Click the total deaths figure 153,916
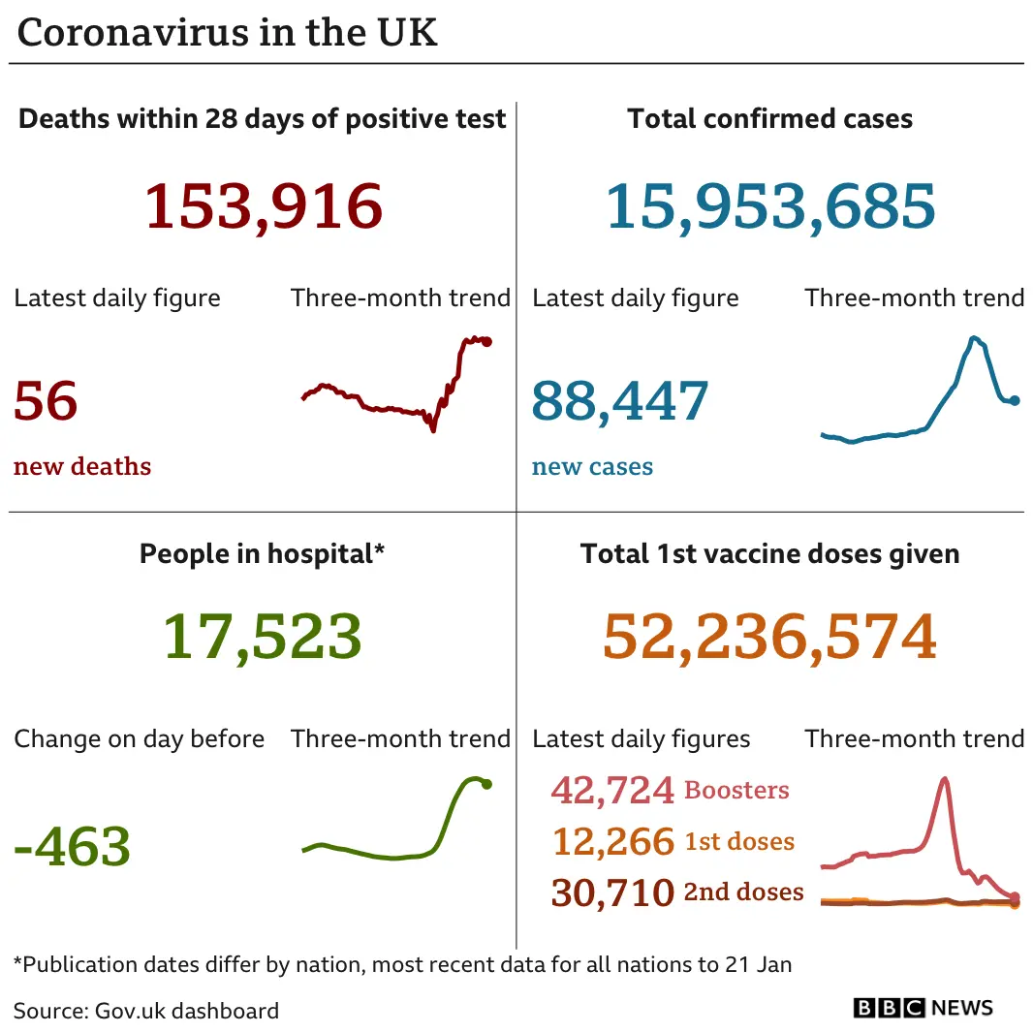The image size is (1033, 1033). tap(264, 206)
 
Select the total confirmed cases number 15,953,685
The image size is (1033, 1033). tap(770, 206)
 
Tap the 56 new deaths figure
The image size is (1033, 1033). tap(46, 401)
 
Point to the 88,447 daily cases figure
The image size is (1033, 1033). tap(620, 401)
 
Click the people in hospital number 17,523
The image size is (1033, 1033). tap(262, 637)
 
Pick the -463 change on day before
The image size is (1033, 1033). tap(73, 846)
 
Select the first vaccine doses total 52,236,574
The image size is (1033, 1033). tap(770, 637)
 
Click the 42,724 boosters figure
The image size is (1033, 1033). tap(611, 790)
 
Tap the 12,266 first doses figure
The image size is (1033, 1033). tap(611, 841)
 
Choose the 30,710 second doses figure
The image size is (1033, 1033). tap(611, 892)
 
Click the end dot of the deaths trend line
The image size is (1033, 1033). tap(487, 342)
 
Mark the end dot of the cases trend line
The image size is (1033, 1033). tap(1015, 400)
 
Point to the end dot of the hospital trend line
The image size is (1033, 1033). tap(486, 784)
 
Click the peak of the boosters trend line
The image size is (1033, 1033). tap(944, 779)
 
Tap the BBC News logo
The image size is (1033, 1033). tap(923, 1008)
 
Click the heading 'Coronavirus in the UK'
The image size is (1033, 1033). tap(228, 33)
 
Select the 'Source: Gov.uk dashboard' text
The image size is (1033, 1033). tap(146, 1011)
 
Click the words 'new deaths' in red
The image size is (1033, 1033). tap(82, 466)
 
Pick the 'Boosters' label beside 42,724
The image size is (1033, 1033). tap(736, 790)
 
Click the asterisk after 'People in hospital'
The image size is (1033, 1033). tap(379, 550)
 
